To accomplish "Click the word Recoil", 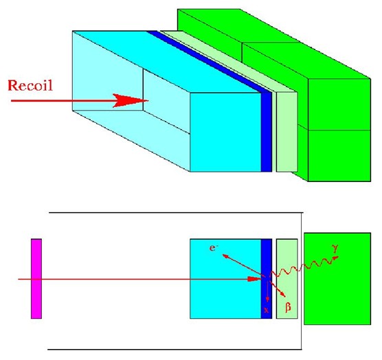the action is click(x=30, y=85).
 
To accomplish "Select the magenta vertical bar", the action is click(x=36, y=279).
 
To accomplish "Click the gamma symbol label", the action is click(x=335, y=249).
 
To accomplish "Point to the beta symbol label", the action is click(x=288, y=307).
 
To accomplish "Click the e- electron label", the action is click(x=214, y=248).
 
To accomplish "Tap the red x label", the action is click(x=267, y=310).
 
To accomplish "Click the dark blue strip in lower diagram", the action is click(x=267, y=279).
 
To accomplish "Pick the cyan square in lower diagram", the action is click(x=225, y=279).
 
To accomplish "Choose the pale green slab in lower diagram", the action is click(x=287, y=279).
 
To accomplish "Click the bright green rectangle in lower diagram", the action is click(x=337, y=279).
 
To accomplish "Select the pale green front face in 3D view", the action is click(x=287, y=132).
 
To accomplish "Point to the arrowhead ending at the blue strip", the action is click(x=255, y=279).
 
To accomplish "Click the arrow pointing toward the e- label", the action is click(x=244, y=265).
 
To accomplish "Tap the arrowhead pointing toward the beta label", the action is click(x=283, y=294).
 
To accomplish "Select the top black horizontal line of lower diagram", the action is click(x=176, y=213).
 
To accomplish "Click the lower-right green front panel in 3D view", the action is click(x=339, y=156).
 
